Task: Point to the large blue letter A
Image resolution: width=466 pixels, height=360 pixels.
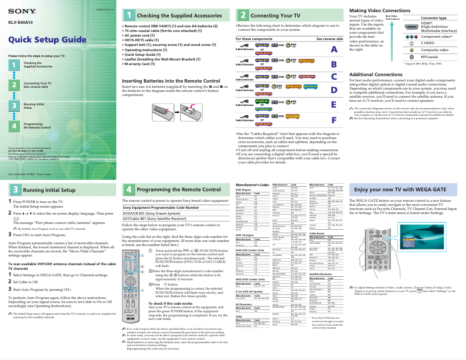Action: click(x=334, y=50)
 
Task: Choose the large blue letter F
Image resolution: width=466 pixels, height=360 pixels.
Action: click(x=334, y=120)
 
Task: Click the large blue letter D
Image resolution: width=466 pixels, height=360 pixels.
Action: click(x=334, y=90)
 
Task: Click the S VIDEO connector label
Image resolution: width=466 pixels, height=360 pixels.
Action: click(x=428, y=43)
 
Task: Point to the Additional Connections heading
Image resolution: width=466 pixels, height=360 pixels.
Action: click(x=378, y=74)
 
